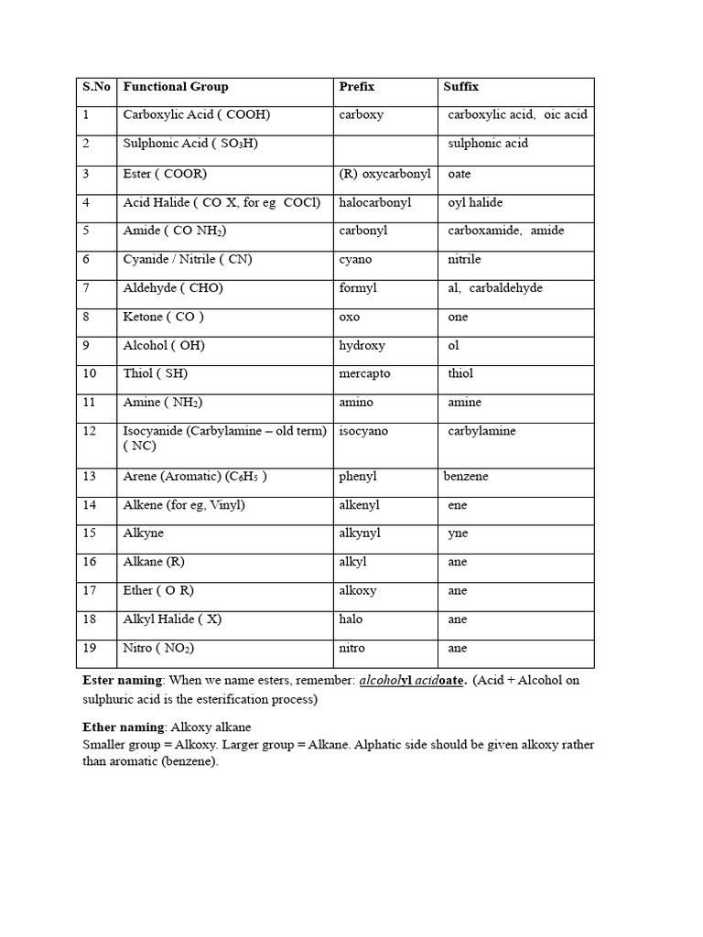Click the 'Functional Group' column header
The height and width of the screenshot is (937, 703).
pos(176,87)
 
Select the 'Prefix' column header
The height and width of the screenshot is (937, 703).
pos(356,87)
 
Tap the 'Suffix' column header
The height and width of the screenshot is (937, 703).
pos(460,87)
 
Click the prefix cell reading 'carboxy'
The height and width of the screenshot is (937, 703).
pos(361,115)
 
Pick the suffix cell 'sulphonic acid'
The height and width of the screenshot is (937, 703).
pos(487,144)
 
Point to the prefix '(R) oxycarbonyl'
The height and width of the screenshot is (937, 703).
pos(384,173)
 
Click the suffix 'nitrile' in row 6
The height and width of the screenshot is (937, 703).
pos(464,260)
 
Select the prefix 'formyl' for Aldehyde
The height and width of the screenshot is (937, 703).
pos(358,288)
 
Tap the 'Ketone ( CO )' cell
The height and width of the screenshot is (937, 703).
pos(164,317)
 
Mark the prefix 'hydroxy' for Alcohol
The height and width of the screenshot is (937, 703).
pos(362,346)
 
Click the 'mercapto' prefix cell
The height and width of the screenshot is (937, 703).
pos(365,374)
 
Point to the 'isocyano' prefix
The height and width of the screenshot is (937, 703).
pos(363,431)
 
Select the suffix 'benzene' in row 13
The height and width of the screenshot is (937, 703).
pos(466,477)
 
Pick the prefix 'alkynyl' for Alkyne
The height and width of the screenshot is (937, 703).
pos(360,533)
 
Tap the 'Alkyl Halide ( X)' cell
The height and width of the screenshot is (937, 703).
pos(172,619)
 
